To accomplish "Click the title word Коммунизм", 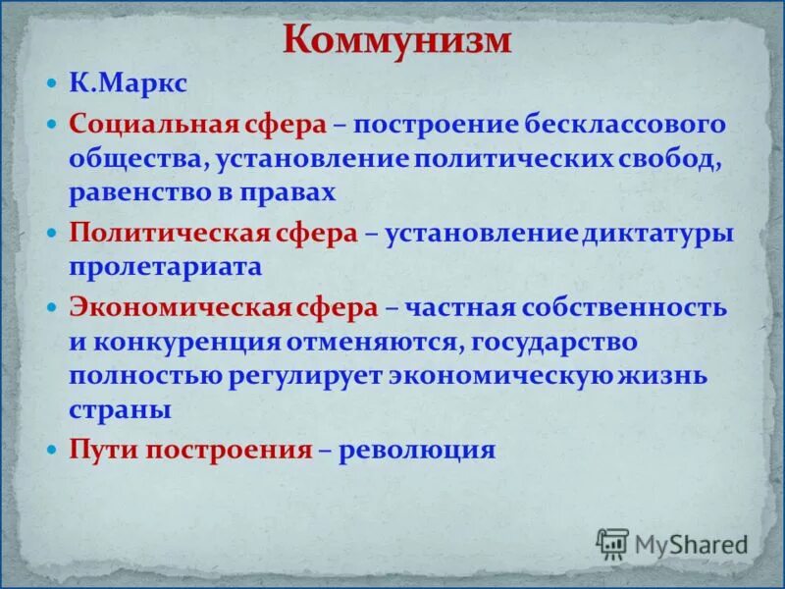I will point(396,40).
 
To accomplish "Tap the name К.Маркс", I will point(128,83).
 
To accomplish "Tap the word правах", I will point(295,191).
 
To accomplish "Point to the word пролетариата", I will point(165,267).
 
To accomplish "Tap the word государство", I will point(555,342).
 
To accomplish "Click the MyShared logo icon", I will point(612,543).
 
